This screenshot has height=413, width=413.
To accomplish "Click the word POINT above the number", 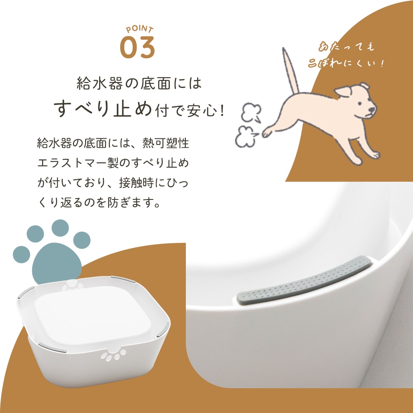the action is (140, 29).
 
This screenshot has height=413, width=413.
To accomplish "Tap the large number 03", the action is (137, 47).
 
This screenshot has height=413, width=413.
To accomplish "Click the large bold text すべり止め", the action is (103, 108).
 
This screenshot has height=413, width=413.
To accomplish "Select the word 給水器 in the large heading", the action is (100, 83).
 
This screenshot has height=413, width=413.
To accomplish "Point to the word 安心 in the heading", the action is (202, 111).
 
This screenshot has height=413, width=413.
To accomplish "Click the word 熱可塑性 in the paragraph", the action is (166, 143).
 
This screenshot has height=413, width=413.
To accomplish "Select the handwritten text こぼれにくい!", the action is (346, 63).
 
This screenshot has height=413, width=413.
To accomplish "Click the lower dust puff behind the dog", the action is (247, 136).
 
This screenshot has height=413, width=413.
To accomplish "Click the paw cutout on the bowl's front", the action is (114, 354).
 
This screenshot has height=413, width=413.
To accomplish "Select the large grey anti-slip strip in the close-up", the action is (304, 280).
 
